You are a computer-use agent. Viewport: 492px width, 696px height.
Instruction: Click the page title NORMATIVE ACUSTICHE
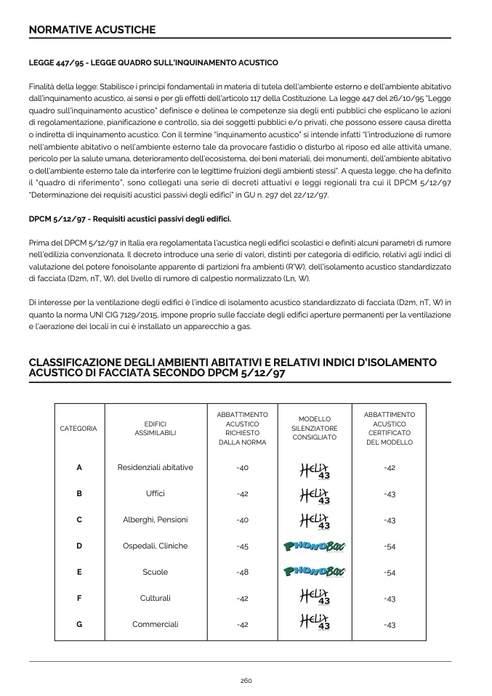(92, 30)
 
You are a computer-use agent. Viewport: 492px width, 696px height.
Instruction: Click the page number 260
(246, 680)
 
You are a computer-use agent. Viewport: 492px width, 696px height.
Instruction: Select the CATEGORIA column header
(78, 429)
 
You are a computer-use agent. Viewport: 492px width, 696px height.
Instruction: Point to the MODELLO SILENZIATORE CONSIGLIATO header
(315, 429)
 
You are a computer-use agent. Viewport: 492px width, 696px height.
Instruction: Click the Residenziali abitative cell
(156, 467)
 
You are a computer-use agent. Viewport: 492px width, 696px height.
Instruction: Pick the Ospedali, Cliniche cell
(156, 546)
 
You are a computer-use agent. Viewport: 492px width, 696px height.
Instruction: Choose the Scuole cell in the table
(156, 572)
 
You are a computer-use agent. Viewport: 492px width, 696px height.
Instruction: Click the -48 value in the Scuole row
(243, 572)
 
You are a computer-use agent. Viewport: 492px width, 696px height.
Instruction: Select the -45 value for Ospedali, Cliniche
(243, 546)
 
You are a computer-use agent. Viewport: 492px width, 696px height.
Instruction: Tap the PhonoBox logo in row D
(315, 546)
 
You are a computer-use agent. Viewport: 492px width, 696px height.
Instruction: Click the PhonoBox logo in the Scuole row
(315, 572)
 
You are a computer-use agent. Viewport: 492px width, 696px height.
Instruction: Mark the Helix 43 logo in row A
(315, 469)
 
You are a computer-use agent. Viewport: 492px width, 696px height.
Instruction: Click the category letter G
(79, 624)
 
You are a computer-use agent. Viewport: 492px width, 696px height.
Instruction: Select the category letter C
(79, 519)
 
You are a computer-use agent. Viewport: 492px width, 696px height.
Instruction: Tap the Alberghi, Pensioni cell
(156, 519)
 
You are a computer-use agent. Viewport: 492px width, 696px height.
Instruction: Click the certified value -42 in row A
(390, 467)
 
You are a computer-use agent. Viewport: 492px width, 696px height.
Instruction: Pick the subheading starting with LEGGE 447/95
(153, 63)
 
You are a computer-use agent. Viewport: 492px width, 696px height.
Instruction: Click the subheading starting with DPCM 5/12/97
(130, 219)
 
